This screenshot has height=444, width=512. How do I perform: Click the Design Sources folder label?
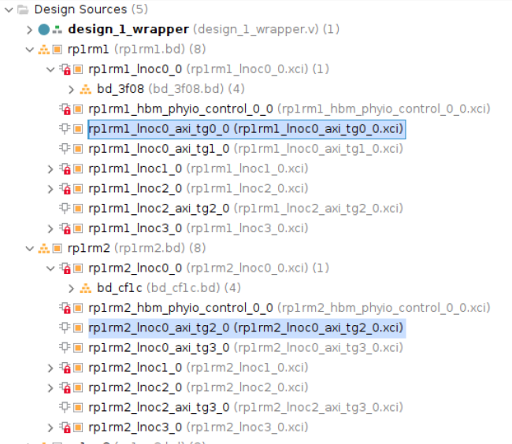click(x=80, y=9)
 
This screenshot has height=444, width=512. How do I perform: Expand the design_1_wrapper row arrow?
click(x=29, y=30)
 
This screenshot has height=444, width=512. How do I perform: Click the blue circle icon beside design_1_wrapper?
click(x=44, y=30)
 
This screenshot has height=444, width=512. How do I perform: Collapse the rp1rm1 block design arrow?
click(x=30, y=50)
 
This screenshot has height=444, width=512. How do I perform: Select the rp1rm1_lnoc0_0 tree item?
click(x=135, y=69)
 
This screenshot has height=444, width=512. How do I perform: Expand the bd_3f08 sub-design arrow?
click(x=71, y=90)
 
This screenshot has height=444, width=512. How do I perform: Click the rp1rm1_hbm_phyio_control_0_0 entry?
click(x=180, y=109)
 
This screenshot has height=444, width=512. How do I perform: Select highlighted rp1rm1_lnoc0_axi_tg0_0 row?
click(x=247, y=129)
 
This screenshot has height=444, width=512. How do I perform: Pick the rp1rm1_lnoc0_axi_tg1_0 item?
click(x=158, y=149)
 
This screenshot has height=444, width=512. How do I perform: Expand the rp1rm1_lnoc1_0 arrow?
click(x=50, y=169)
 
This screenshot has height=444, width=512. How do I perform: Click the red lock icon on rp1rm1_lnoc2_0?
click(x=67, y=190)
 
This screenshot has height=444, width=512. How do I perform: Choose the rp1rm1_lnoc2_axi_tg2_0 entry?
click(x=158, y=209)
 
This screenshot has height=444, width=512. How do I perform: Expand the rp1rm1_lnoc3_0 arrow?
click(x=50, y=228)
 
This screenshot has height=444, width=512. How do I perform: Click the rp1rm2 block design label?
click(x=88, y=248)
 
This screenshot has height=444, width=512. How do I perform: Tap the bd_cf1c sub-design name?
click(x=119, y=288)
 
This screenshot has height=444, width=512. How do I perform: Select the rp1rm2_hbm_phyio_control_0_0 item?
click(x=180, y=308)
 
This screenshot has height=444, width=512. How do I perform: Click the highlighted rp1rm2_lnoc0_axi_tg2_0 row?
click(x=247, y=328)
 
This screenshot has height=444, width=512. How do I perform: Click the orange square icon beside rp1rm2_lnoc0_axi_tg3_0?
click(x=78, y=348)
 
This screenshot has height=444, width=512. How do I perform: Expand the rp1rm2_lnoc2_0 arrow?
click(x=50, y=388)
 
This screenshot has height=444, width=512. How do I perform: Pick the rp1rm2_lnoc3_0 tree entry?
click(x=135, y=427)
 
